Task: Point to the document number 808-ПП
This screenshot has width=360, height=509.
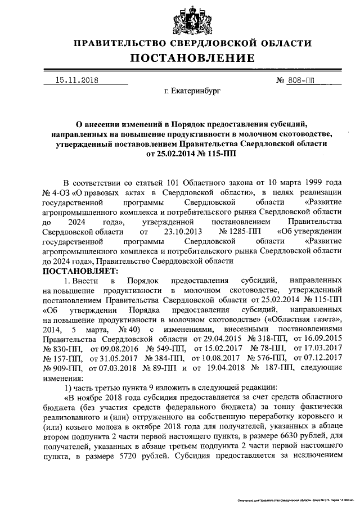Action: point(302,80)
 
